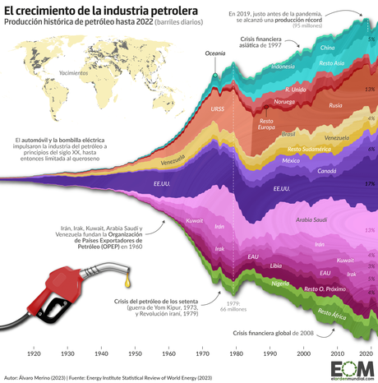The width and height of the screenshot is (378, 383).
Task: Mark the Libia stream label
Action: pyautogui.click(x=276, y=265)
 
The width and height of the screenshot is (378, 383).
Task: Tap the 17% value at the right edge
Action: pyautogui.click(x=370, y=184)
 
